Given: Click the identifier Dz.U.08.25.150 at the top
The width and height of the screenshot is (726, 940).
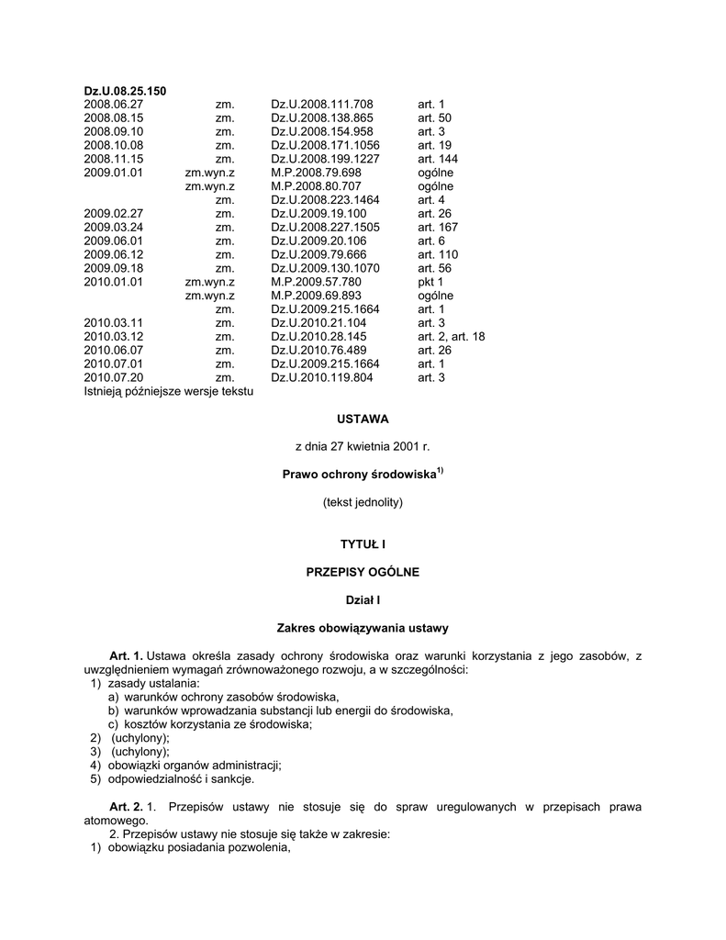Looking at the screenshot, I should (x=125, y=91).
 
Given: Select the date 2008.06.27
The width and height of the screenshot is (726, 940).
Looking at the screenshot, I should (x=114, y=105).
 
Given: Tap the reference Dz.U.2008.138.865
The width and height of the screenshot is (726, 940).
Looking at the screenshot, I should (x=322, y=118).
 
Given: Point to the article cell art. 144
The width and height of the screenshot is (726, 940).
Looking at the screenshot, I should (x=438, y=159).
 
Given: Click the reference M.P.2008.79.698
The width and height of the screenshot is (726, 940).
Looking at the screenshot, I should (x=317, y=173).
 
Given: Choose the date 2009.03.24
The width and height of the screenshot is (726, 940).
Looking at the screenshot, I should (x=114, y=227).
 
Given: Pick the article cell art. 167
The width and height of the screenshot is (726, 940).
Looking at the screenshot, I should (x=438, y=227).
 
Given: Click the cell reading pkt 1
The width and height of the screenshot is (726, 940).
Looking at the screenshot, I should (x=430, y=282).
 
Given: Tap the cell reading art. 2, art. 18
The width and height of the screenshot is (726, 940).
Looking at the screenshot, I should (x=452, y=337).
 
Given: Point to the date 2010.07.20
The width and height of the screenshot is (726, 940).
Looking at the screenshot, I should (x=114, y=377).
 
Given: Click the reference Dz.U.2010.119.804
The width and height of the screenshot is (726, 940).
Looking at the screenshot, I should (x=322, y=377).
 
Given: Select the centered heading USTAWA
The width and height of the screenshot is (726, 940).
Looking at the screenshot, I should (x=363, y=419).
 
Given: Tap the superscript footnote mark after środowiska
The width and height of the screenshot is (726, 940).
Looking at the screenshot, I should (x=441, y=471).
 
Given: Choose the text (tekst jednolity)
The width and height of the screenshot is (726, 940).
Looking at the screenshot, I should (x=363, y=502).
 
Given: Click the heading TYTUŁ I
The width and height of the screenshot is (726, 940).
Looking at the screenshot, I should (x=363, y=544).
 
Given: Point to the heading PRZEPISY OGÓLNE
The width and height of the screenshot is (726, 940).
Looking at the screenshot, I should (x=363, y=572).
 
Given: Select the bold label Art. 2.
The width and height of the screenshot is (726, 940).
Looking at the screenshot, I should (x=126, y=807).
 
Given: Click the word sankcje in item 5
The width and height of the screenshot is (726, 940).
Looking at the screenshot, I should (x=231, y=779).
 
